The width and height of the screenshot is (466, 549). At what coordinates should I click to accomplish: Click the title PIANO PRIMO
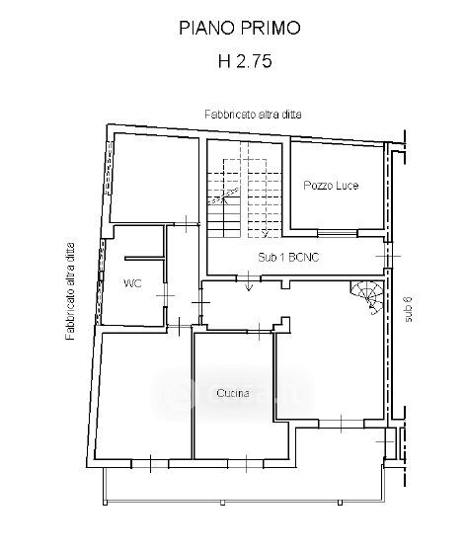coord(240,28)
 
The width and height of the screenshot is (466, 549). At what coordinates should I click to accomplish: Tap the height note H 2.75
coord(245,61)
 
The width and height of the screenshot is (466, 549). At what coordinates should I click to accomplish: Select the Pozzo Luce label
coord(331,186)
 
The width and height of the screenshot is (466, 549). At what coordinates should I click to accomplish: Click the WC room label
coord(132,283)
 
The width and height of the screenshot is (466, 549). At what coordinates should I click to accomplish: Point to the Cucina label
coord(233,393)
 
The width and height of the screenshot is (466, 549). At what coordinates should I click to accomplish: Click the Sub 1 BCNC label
coord(288,258)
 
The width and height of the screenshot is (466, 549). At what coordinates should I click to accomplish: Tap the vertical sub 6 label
coord(409,309)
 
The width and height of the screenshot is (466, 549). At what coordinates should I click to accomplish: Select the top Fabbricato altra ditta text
coord(253,115)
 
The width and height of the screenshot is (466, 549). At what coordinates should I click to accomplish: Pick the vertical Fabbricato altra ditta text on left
coord(70,291)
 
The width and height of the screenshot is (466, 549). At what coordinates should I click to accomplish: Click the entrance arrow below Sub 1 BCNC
coord(249,281)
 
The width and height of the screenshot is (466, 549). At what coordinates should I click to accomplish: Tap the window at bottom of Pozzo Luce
coord(338,232)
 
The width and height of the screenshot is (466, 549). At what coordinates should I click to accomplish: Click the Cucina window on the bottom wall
coord(246,463)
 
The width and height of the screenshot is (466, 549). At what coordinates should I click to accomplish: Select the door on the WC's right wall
coord(165,295)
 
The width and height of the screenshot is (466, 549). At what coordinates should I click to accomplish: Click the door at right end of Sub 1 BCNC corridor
coord(388,256)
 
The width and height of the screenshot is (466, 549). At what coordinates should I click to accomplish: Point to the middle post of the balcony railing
coord(222,503)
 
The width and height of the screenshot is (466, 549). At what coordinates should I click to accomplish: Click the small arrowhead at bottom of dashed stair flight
coord(265,233)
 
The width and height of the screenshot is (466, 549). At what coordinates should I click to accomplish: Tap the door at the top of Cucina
coord(259,332)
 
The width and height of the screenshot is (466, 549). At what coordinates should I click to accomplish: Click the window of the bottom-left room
coord(150,463)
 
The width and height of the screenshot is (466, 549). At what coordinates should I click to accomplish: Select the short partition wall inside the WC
coord(144,259)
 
